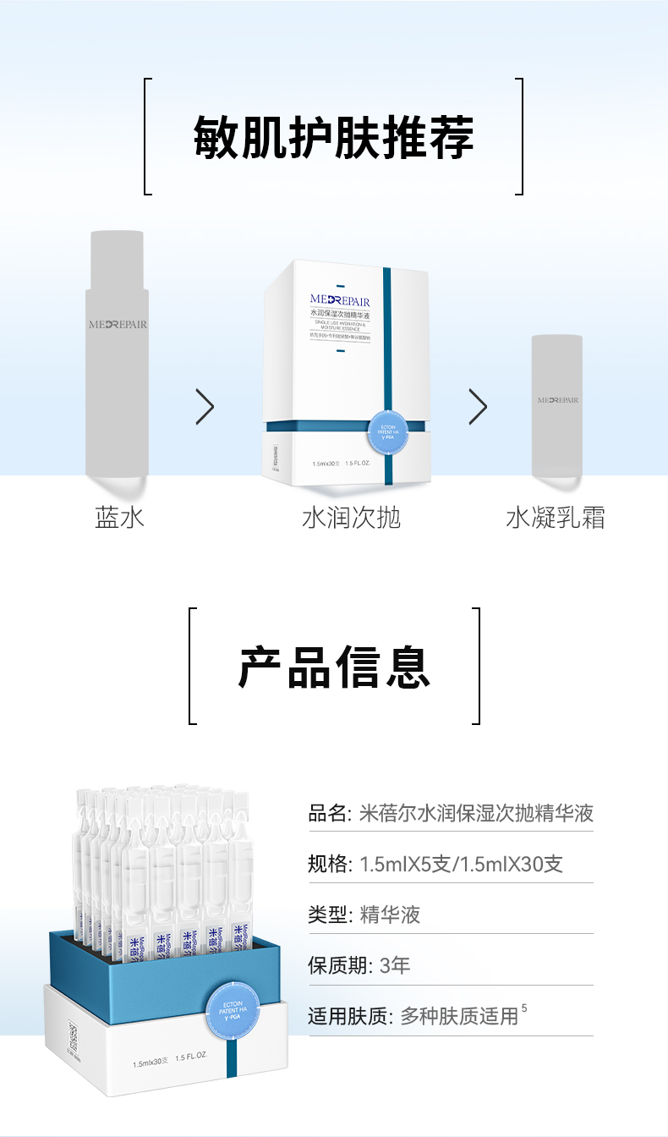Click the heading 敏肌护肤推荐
334,136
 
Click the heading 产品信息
334,666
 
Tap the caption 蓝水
120,518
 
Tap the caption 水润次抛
351,518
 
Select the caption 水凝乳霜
556,518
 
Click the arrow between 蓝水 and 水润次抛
205,407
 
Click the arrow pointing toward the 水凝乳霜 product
478,407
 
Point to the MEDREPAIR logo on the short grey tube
558,399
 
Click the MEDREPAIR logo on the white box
340,300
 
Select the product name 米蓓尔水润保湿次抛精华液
476,814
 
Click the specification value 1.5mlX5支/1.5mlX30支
461,865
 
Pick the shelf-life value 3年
395,965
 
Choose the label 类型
328,915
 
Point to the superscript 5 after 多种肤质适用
524,1008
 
